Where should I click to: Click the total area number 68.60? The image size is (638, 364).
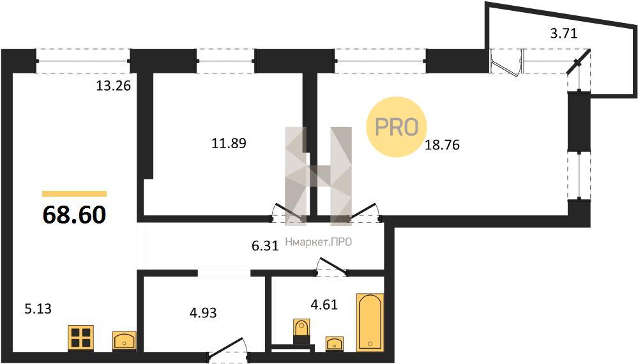click(75, 215)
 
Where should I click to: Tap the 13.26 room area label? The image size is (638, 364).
click(113, 86)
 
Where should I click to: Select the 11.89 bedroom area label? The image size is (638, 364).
click(229, 143)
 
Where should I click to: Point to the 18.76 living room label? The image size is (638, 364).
click(442, 144)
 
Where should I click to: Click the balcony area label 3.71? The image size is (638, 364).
click(563, 33)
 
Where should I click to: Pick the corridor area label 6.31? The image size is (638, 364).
click(265, 246)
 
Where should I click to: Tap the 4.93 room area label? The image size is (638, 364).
click(203, 313)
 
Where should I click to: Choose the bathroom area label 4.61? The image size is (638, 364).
click(324, 304)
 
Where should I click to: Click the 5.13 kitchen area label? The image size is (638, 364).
click(38, 308)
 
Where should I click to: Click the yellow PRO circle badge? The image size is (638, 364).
click(397, 127)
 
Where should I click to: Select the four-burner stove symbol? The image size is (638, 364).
click(80, 338)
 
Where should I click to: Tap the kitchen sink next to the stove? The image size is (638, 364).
click(125, 341)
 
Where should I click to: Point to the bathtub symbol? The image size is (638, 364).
click(370, 322)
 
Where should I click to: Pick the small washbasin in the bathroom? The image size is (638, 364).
click(335, 344)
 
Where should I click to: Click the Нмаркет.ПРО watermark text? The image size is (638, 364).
click(319, 243)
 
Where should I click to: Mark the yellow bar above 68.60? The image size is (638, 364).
click(75, 193)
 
